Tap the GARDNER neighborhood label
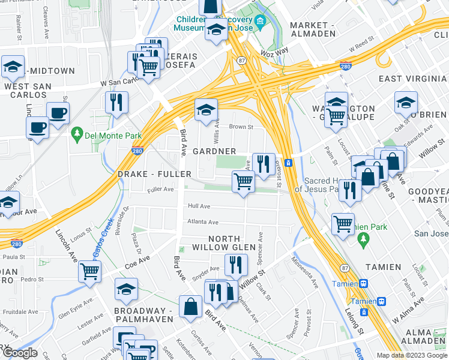pyautogui.click(x=214, y=151)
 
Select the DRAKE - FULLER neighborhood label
pyautogui.click(x=155, y=174)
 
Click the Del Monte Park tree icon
pyautogui.click(x=76, y=132)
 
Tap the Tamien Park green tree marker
pyautogui.click(x=363, y=239)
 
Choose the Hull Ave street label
pyautogui.click(x=199, y=205)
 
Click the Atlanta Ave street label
pyautogui.click(x=202, y=221)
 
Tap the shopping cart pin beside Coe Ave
pyautogui.click(x=90, y=271)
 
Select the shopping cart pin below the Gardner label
pyautogui.click(x=243, y=181)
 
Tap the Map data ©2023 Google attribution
pyautogui.click(x=412, y=355)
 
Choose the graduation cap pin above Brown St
pyautogui.click(x=206, y=109)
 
